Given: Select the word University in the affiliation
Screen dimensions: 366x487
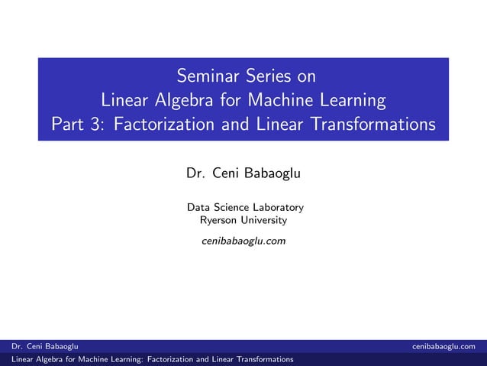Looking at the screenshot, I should click(x=264, y=220).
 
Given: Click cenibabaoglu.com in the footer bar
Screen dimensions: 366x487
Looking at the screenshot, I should click(x=449, y=347).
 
